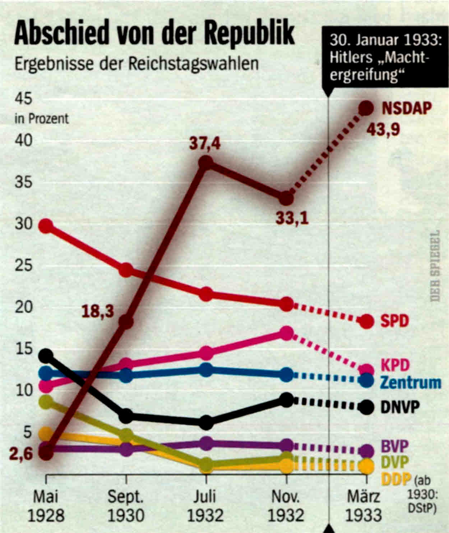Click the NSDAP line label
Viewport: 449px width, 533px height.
click(406, 108)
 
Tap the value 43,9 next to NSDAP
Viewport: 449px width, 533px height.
click(383, 130)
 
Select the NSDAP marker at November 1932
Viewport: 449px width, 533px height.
click(286, 198)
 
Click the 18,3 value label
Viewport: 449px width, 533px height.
click(98, 311)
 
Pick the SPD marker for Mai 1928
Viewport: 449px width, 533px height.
click(46, 226)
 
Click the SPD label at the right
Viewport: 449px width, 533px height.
click(395, 321)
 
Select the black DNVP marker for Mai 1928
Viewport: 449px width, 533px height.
click(46, 355)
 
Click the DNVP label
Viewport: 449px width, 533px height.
click(400, 407)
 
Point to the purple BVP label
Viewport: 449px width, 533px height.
click(394, 447)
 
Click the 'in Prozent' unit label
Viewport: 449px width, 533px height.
click(41, 119)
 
